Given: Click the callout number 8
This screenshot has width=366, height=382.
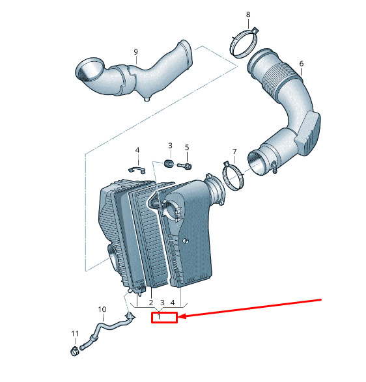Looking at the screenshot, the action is pyautogui.click(x=248, y=14).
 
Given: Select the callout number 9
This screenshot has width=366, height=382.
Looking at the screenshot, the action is pyautogui.click(x=136, y=52).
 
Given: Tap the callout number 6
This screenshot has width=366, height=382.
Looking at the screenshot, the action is pyautogui.click(x=302, y=64).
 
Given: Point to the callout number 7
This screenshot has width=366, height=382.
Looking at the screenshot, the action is pyautogui.click(x=234, y=152).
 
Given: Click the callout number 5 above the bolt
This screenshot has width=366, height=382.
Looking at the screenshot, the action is pyautogui.click(x=187, y=147).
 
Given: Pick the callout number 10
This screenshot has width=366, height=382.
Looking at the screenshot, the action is pyautogui.click(x=102, y=309).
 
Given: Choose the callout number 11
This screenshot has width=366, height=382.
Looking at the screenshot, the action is pyautogui.click(x=75, y=334).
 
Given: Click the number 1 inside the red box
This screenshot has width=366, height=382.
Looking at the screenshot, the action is pyautogui.click(x=159, y=316).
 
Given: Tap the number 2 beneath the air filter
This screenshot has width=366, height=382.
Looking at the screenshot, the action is pyautogui.click(x=151, y=303).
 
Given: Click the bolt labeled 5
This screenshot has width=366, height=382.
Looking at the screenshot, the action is pyautogui.click(x=185, y=166).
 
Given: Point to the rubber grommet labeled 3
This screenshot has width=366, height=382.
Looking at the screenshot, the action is pyautogui.click(x=168, y=163).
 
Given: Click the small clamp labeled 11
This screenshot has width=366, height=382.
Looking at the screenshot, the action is pyautogui.click(x=75, y=351).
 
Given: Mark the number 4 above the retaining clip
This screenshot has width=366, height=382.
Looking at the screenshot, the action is pyautogui.click(x=137, y=150).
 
